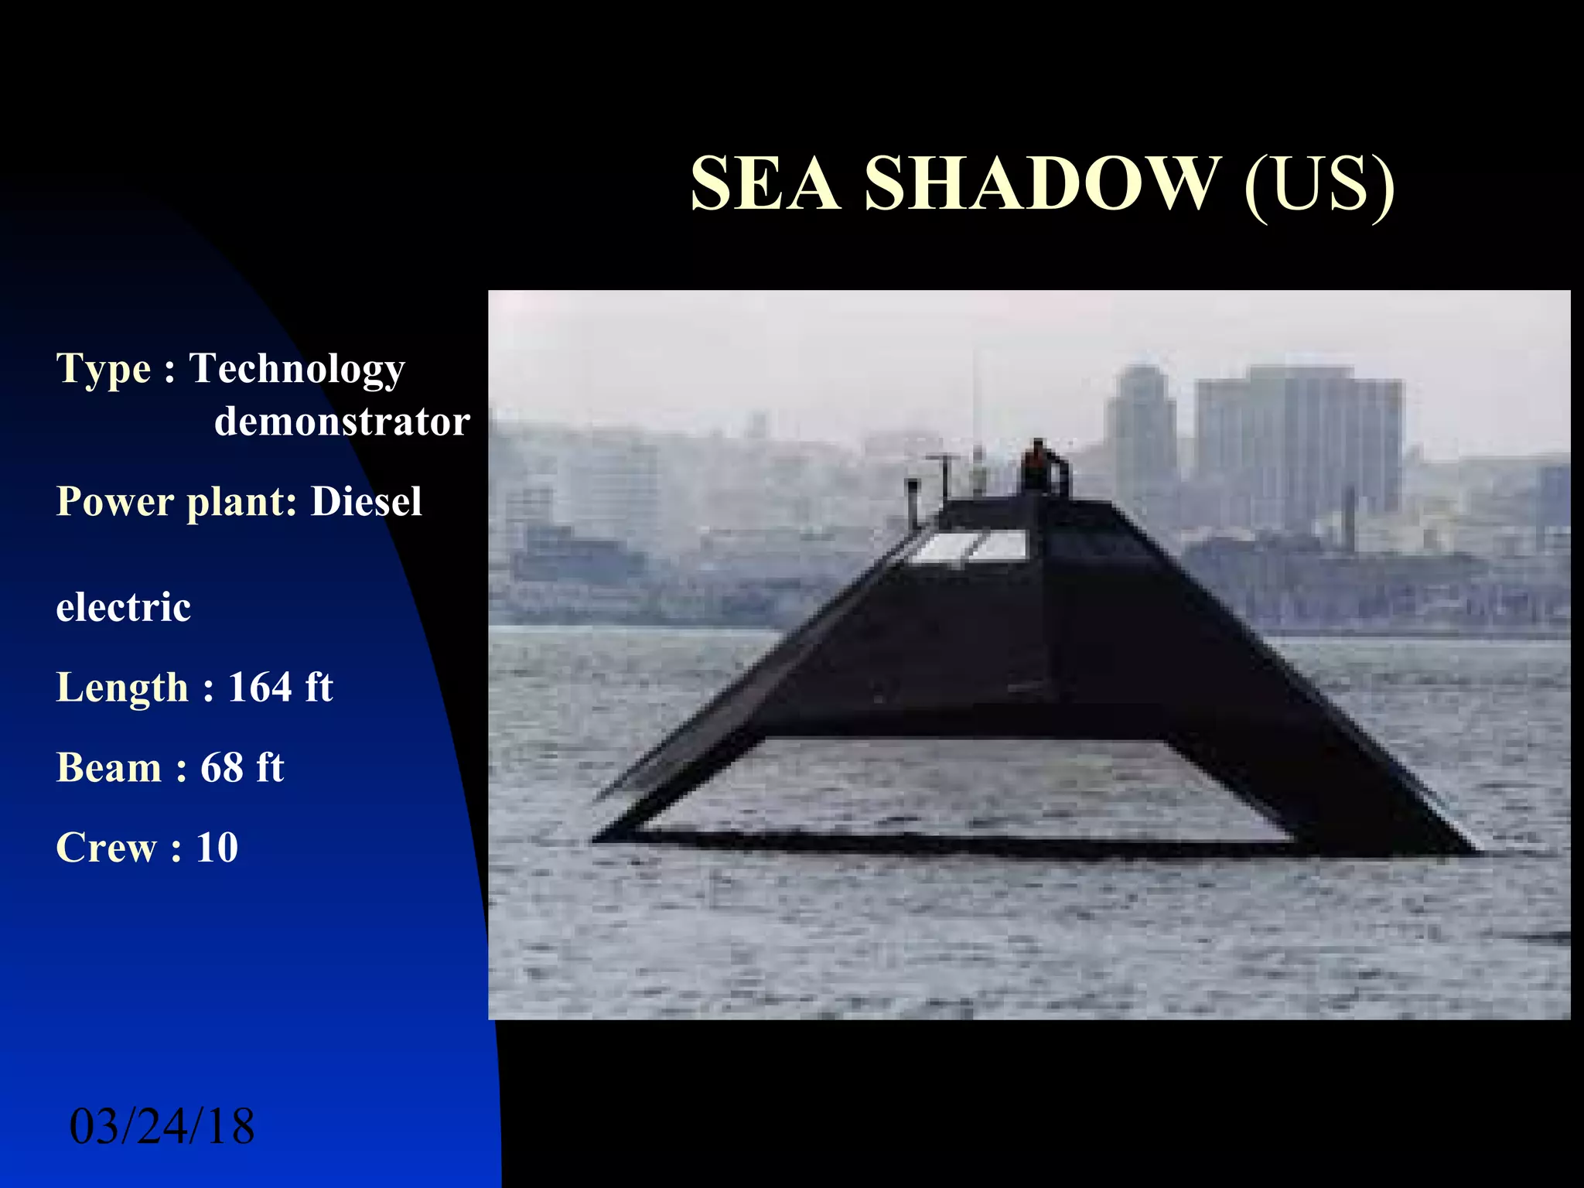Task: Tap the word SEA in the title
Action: coord(764,183)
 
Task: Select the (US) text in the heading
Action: coord(1319,185)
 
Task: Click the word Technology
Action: coord(297,369)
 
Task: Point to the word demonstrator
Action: coord(342,422)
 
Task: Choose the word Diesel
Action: coord(366,501)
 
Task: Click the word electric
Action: coord(124,607)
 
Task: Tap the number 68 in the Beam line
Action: coord(222,767)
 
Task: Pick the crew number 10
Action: coord(217,847)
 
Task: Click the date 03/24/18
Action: coord(162,1126)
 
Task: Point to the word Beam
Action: coord(109,767)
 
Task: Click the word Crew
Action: coord(107,847)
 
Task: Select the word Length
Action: coord(122,688)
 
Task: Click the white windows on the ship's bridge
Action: coord(971,546)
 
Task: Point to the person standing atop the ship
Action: coord(1036,466)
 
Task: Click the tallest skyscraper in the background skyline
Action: coord(1299,449)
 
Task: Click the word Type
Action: coord(104,369)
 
